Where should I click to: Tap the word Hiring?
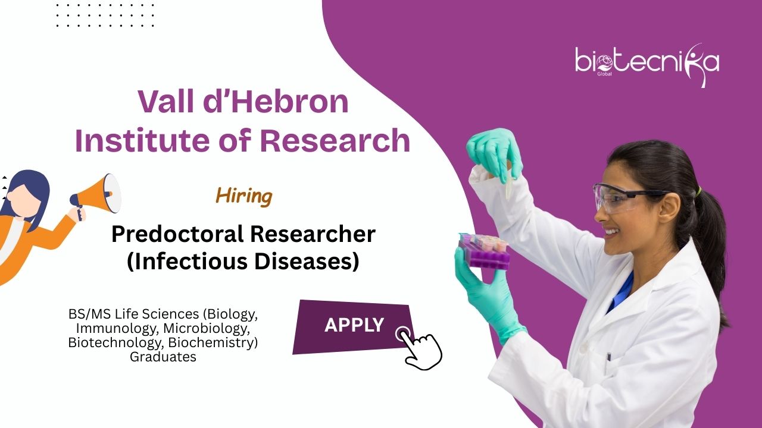pyautogui.click(x=244, y=197)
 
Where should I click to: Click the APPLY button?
pyautogui.click(x=354, y=326)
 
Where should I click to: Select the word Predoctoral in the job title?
pyautogui.click(x=177, y=235)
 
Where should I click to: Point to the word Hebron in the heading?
pyautogui.click(x=290, y=102)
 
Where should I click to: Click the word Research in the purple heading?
pyautogui.click(x=335, y=140)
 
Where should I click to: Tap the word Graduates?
pyautogui.click(x=163, y=357)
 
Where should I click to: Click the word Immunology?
pyautogui.click(x=118, y=329)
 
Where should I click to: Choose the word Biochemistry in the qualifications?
pyautogui.click(x=213, y=343)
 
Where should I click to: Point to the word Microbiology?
pyautogui.click(x=207, y=329)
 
